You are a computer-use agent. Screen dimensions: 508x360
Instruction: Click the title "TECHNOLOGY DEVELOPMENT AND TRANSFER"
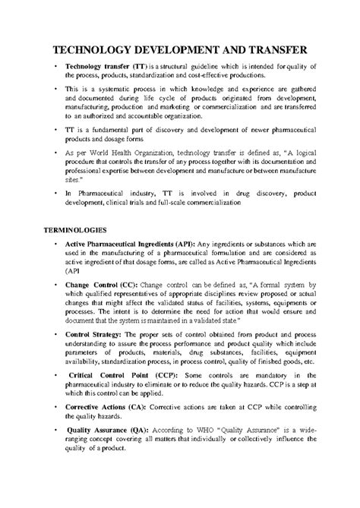coord(179,50)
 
